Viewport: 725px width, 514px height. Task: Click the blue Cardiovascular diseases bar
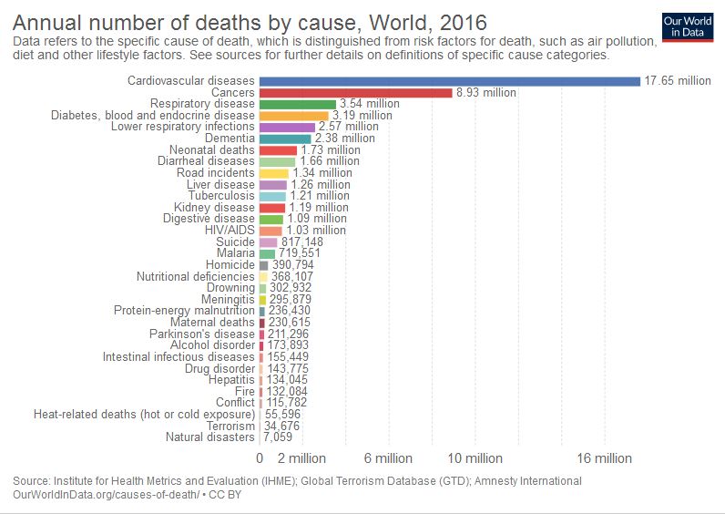coord(450,81)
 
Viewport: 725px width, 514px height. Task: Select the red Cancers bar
coord(356,93)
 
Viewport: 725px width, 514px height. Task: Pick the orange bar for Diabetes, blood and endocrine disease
coord(293,116)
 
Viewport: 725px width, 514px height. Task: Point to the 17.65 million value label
coord(678,81)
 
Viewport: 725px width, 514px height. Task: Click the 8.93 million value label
coord(485,93)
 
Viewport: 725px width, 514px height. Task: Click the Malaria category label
coord(235,253)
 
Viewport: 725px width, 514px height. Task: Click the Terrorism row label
coord(230,426)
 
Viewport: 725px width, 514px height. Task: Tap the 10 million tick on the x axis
coord(476,458)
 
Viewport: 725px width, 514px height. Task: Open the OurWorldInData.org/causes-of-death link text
coord(107,493)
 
